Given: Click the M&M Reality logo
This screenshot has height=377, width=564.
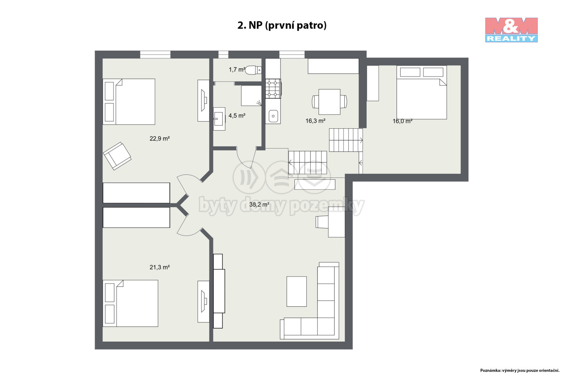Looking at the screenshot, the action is tap(511, 30).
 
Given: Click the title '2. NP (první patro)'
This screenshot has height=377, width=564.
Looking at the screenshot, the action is tap(282, 25).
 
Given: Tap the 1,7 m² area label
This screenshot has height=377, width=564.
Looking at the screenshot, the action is tap(237, 69).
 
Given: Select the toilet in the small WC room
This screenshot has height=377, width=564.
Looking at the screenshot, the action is tap(253, 70).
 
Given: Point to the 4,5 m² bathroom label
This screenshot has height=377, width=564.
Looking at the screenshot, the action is tap(237, 116).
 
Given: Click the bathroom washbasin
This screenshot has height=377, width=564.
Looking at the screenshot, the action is tap(219, 119).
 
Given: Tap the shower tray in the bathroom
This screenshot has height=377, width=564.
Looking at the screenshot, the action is tap(251, 96).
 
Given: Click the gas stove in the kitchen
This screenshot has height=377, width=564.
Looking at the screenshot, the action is tap(273, 89).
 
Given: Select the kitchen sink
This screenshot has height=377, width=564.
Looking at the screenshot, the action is tap(273, 116).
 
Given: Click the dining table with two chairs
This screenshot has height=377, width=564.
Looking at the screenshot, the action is tap(329, 102).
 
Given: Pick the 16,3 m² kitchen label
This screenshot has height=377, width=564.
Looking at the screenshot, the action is tap(315, 121).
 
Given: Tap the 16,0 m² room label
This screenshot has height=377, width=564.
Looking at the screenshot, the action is tap(402, 121).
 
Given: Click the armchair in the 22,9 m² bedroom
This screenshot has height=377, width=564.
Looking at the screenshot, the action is tap(117, 156).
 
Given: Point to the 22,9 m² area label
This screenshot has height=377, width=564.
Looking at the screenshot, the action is tap(160, 139).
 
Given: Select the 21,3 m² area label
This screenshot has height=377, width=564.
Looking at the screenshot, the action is tap(160, 267).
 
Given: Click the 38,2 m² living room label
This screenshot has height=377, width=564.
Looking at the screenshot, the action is tap(259, 204).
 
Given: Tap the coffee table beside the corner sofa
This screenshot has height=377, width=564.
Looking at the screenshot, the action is tap(296, 291).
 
